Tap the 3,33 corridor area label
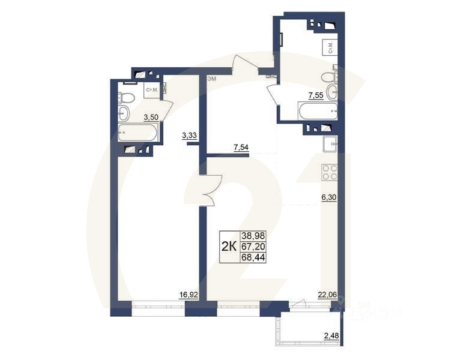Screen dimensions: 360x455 click(189, 136)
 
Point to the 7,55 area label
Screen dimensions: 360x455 click(316, 95)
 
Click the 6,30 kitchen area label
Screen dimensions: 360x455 click(329, 197)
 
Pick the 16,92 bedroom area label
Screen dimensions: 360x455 click(188, 294)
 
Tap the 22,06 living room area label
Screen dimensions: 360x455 click(328, 294)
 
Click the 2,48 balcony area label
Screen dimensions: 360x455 click(331, 335)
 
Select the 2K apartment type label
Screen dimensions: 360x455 click(228, 246)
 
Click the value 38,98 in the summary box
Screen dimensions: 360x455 click(253, 236)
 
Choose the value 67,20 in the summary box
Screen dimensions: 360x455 click(253, 247)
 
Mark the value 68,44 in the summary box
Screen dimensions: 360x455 click(253, 257)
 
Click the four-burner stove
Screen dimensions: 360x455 click(330, 173)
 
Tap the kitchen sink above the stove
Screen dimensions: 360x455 click(330, 145)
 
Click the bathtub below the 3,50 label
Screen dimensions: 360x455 click(137, 133)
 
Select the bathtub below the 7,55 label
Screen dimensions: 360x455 click(318, 111)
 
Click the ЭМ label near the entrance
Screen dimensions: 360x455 click(211, 79)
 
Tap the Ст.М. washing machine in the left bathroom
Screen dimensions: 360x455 click(152, 91)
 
